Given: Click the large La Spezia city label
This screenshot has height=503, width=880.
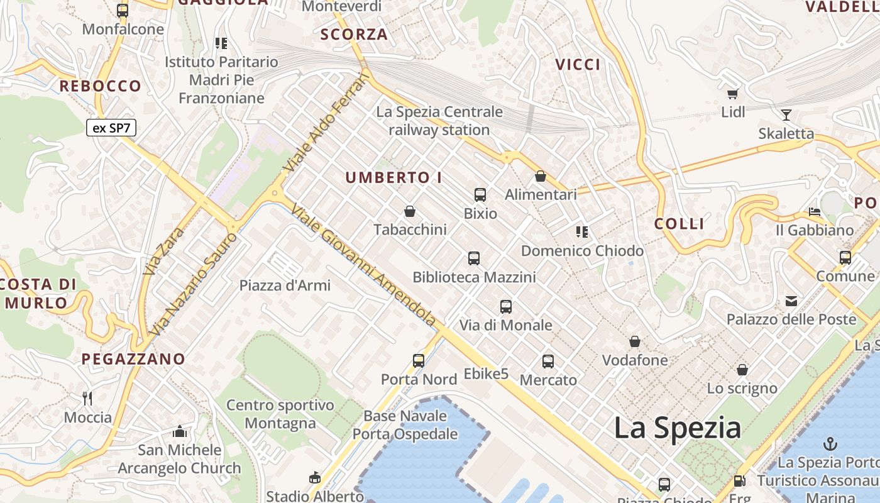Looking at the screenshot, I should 677,428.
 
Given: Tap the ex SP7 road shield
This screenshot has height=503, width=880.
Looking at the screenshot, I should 111,128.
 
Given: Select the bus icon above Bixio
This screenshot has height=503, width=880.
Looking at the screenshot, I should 480,195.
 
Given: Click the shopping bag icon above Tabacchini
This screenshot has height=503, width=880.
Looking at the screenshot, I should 410,211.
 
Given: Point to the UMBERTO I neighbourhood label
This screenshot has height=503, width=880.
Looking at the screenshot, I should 393,178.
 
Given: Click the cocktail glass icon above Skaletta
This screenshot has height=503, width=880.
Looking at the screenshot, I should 786,114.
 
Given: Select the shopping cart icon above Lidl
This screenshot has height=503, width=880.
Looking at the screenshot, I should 732,94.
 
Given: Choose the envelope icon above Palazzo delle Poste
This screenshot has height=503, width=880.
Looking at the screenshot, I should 791,301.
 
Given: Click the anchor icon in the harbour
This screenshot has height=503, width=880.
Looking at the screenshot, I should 830,443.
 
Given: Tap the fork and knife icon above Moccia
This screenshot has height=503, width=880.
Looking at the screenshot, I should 88,398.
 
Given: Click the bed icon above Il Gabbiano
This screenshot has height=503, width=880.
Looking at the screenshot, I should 815,211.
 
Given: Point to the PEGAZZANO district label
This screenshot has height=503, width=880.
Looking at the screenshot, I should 133,360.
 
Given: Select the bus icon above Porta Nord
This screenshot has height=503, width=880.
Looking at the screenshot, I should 419,361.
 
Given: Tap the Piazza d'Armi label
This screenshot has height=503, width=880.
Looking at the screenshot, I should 285,285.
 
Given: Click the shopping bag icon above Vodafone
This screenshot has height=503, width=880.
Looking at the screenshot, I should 635,341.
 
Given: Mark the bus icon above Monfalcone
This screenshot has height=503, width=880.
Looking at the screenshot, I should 123,10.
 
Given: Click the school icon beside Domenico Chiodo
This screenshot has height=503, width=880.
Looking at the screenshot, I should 582,232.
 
